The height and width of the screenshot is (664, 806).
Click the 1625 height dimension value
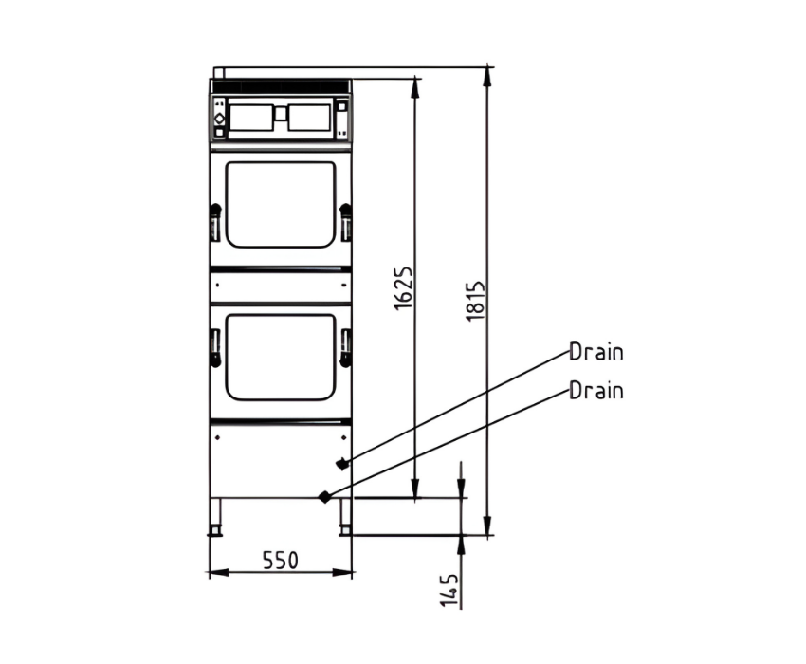pos(404,288)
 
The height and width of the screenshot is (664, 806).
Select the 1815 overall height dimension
pos(475,301)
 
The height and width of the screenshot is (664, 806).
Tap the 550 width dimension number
pos(280,560)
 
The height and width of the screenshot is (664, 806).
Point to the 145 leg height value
pos(449,590)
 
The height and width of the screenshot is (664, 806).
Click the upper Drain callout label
pos(596,352)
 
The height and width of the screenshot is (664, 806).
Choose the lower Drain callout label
pos(596,391)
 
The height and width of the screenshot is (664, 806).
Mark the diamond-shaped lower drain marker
pos(324,497)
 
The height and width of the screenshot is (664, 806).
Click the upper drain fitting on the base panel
pos(341,464)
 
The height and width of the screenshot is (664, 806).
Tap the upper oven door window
pos(281,205)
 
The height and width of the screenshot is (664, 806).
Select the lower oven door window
pos(281,358)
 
